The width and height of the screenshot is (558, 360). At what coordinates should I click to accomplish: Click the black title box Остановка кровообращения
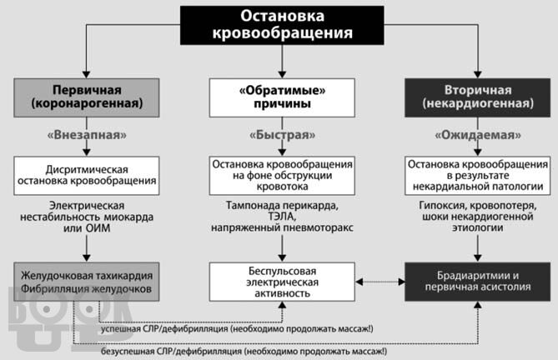point(282,25)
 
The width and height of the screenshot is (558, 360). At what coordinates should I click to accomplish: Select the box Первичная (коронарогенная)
point(87,97)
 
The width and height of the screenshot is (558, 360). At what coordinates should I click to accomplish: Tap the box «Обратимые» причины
point(282,97)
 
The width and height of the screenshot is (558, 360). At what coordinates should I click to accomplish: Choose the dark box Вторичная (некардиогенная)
point(478,97)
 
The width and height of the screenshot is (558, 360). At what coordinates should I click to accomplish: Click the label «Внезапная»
point(87,135)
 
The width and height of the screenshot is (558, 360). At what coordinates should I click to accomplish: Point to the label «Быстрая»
point(282,135)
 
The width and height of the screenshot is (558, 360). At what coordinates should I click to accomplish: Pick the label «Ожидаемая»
point(478,135)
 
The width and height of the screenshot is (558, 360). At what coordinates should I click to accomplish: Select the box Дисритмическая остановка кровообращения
point(87,176)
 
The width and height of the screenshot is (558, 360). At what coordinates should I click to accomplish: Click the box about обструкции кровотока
point(282,176)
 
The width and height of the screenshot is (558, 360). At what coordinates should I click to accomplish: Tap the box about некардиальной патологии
point(478,176)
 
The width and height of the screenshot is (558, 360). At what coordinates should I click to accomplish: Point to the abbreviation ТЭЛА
point(282,217)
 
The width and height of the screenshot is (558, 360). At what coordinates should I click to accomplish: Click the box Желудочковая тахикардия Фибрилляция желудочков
point(87,282)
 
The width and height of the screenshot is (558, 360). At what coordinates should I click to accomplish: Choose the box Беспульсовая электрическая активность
point(282,282)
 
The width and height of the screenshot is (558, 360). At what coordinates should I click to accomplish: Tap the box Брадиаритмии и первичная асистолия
point(478,282)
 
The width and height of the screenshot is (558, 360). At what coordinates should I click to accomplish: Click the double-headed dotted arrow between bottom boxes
point(380,282)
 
